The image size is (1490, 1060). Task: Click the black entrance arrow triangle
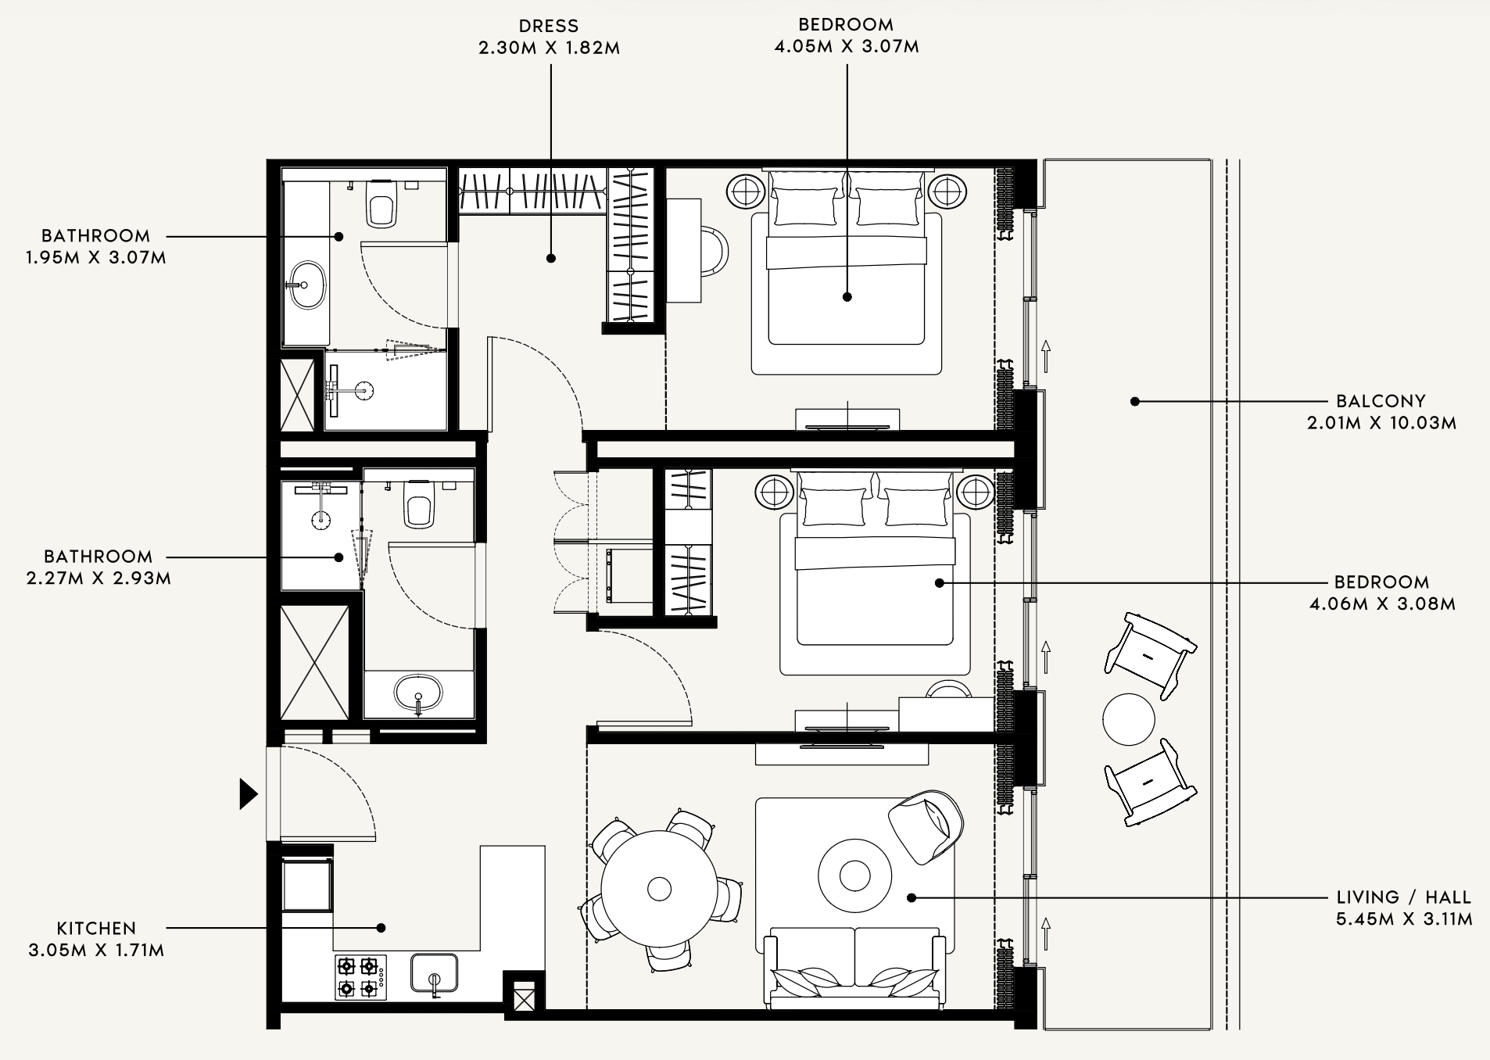coord(248,794)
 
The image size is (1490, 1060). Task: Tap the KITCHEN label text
coord(97,929)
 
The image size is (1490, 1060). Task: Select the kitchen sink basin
coord(434,972)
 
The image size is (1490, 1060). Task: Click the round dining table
coord(659,889)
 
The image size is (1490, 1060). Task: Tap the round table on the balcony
coord(1129,720)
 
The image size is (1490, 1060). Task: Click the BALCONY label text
coord(1381,401)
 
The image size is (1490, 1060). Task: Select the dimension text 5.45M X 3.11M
coord(1404,919)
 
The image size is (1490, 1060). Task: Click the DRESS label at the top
coord(548,27)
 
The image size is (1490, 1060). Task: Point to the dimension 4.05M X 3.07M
coord(847,47)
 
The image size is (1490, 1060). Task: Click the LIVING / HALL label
coord(1403,897)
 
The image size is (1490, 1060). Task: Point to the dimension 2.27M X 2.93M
coord(98,579)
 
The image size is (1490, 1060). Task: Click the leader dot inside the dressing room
coord(551,258)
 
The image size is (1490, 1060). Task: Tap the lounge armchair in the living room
coord(926,826)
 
